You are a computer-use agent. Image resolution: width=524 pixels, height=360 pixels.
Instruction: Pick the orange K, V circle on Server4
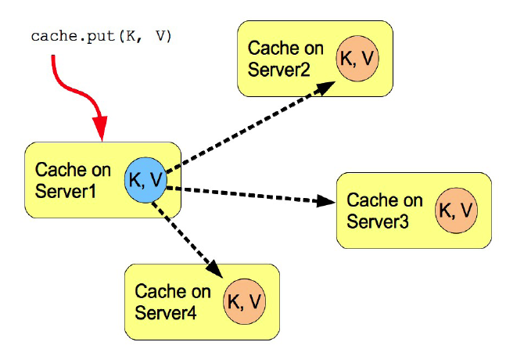click(x=245, y=301)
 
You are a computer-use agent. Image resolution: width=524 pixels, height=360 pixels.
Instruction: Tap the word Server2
click(x=279, y=70)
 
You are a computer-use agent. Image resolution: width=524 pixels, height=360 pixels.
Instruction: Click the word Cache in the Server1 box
click(x=57, y=169)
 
